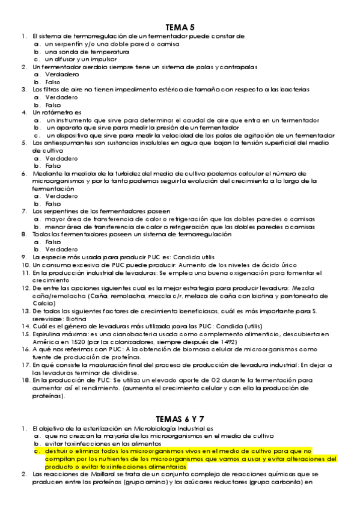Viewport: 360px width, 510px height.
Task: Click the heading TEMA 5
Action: coord(180,27)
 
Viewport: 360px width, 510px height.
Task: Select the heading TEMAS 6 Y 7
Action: coord(180,419)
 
